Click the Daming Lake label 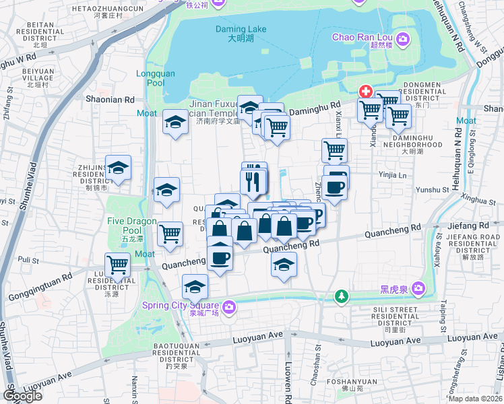[241, 34]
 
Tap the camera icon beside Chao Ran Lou [402, 40]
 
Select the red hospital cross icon [366, 91]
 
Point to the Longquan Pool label [150, 78]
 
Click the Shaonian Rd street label [111, 99]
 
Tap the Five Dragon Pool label [132, 226]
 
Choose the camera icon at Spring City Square [229, 307]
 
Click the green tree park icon [342, 296]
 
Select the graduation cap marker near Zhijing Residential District [118, 168]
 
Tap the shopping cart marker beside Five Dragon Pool [170, 234]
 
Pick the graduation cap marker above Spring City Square [195, 288]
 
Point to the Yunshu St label [433, 191]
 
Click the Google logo [22, 396]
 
